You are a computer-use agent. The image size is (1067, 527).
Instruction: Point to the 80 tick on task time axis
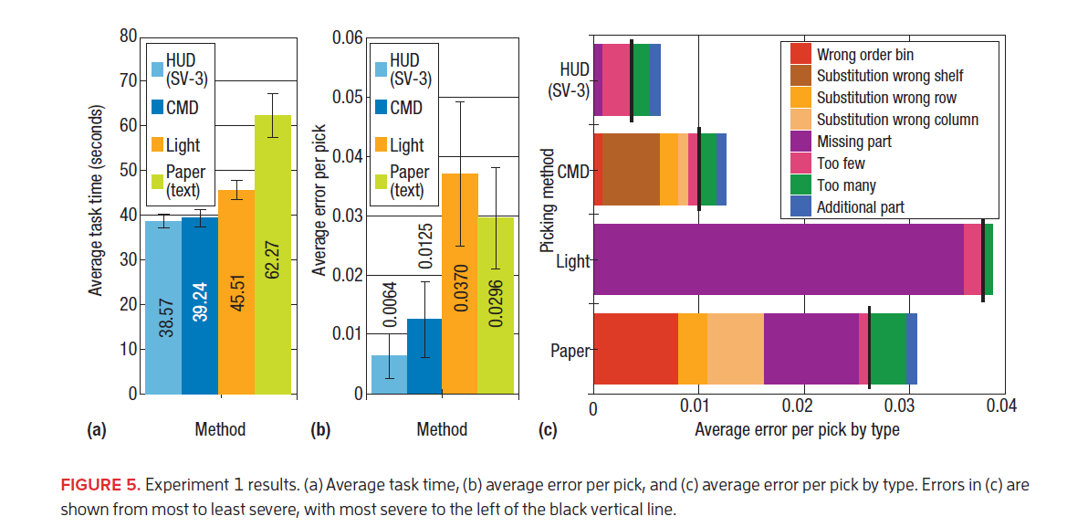[127, 37]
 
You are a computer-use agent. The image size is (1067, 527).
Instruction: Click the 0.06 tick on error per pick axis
[346, 38]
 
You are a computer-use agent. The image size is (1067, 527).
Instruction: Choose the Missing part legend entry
[853, 142]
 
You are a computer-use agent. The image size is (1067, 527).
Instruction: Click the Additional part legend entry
[860, 207]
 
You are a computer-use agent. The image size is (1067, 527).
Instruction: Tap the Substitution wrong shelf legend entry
[889, 76]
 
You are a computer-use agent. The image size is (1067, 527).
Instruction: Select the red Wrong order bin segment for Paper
[635, 348]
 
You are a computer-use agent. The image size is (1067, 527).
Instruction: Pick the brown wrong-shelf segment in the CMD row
[631, 169]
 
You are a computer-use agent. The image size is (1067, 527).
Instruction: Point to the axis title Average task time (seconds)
[96, 201]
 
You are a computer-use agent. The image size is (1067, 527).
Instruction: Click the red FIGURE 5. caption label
[99, 486]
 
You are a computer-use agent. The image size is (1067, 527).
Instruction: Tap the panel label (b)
[320, 429]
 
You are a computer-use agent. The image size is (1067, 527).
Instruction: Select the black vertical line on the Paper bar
[869, 348]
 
